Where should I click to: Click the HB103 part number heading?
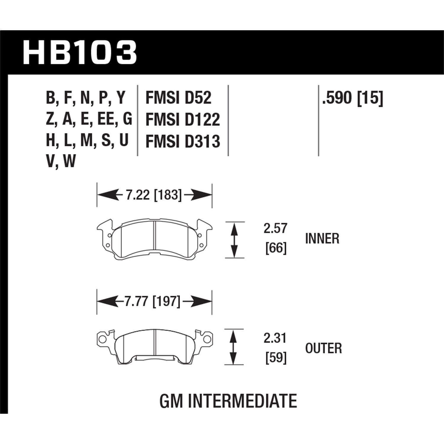[80, 53]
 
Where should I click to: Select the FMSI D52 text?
[178, 98]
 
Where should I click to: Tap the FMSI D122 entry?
[183, 120]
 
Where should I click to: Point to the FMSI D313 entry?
[183, 141]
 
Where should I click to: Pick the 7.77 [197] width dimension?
[153, 302]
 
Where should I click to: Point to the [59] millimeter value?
[276, 358]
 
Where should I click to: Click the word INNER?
[322, 239]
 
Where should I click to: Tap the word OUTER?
[323, 348]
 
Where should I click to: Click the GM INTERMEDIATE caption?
[228, 401]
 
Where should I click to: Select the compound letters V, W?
[61, 162]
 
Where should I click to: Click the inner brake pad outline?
[155, 239]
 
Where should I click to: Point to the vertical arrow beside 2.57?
[234, 240]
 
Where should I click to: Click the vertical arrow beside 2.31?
[234, 347]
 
